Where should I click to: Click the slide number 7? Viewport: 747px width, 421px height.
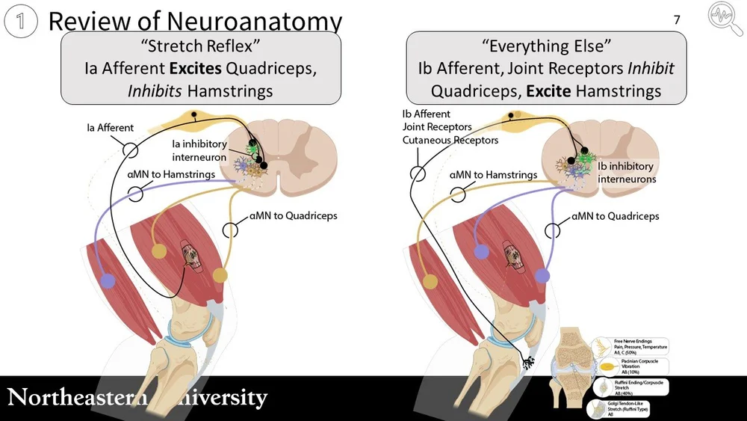677,20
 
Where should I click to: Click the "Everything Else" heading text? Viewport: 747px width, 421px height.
545,47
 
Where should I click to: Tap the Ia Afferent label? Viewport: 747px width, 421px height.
110,128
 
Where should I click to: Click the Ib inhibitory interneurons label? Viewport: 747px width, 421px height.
627,173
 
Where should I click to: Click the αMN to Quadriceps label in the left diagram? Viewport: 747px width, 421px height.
293,215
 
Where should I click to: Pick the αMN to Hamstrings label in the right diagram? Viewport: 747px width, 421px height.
493,175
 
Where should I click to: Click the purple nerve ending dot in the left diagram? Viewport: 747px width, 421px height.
109,280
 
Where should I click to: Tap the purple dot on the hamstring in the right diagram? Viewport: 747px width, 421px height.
481,252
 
